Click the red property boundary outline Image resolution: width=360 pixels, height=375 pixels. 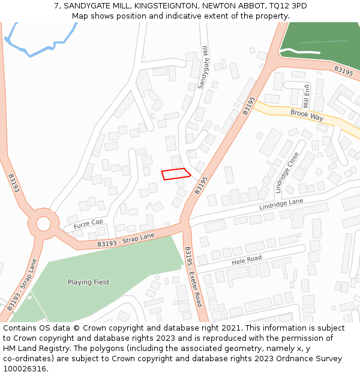pyautogui.click(x=176, y=173)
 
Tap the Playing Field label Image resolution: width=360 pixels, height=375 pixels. pyautogui.click(x=88, y=282)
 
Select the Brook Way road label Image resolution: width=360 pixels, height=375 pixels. pyautogui.click(x=307, y=115)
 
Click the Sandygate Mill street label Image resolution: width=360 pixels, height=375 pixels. pyautogui.click(x=204, y=67)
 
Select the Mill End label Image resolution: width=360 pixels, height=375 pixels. pyautogui.click(x=307, y=95)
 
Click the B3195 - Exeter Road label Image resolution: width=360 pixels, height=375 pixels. pyautogui.click(x=193, y=277)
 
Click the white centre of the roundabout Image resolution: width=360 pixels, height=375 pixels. pyautogui.click(x=43, y=224)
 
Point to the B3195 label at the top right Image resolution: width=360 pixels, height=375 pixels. pyautogui.click(x=343, y=71)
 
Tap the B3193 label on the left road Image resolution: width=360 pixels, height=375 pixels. pyautogui.click(x=14, y=184)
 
